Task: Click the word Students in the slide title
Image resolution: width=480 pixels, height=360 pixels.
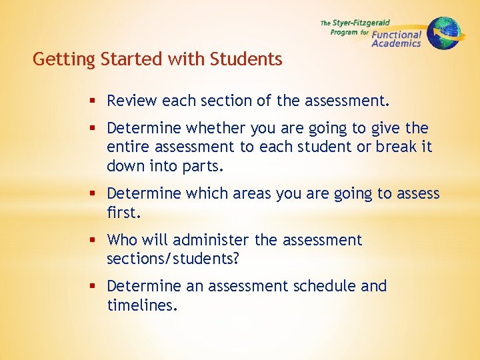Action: (246, 59)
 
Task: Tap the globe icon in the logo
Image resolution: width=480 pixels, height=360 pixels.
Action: (443, 33)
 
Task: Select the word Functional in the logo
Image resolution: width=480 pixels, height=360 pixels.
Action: (397, 35)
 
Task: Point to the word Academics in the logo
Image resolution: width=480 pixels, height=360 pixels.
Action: (396, 44)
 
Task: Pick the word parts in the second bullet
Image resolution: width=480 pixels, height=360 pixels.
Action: (203, 166)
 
